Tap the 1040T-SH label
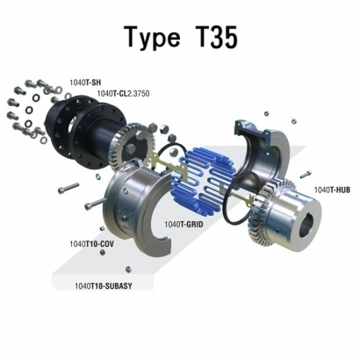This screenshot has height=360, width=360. (84, 81)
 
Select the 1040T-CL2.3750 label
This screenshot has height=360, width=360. (126, 92)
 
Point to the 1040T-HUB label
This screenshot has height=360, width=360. (331, 191)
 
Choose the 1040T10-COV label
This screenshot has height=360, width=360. (91, 243)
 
